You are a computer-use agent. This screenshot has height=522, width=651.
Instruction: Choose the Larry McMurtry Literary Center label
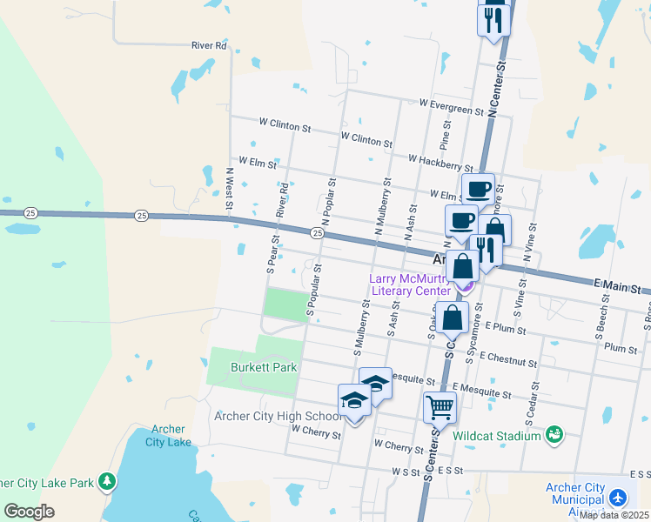[x=410, y=284]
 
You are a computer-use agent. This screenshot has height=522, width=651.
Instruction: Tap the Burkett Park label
[x=264, y=367]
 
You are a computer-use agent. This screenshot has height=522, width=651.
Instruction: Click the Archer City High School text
[x=276, y=416]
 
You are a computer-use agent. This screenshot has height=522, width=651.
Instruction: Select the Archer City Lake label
[x=171, y=435]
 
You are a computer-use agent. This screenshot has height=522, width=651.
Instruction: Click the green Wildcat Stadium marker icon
[x=554, y=433]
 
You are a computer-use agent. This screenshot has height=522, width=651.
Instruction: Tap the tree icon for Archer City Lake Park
[x=106, y=480]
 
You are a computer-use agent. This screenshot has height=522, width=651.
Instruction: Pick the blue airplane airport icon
[x=618, y=498]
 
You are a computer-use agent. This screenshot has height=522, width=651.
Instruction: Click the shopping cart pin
[x=440, y=405]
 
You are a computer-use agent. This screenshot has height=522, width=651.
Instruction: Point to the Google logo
[x=29, y=511]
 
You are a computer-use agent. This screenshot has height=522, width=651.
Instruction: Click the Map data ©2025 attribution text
[x=614, y=515]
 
